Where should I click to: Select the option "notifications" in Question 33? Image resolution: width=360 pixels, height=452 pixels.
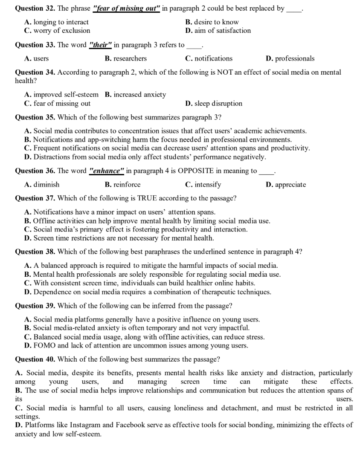click(209, 58)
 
